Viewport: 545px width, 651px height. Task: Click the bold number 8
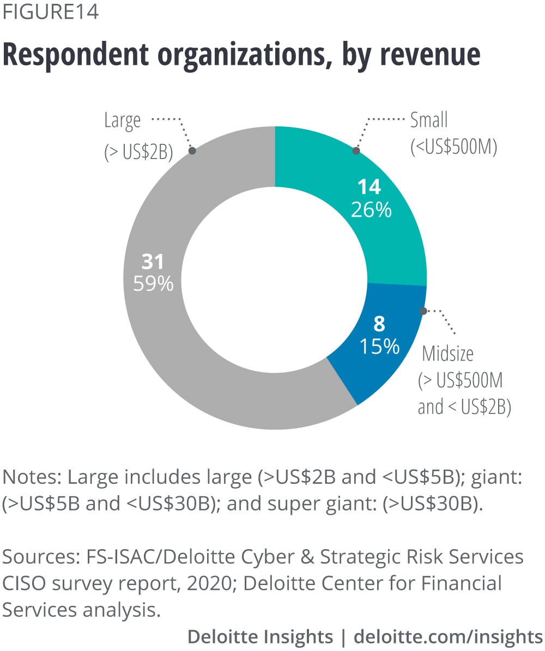click(379, 324)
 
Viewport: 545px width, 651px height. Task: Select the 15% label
click(379, 347)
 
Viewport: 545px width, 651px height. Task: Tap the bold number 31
click(153, 262)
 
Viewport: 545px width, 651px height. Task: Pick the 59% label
click(154, 284)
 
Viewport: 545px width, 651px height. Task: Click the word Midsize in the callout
click(448, 354)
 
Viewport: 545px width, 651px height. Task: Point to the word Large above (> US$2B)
click(122, 120)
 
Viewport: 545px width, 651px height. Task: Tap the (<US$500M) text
click(453, 147)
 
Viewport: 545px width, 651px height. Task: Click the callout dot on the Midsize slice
click(423, 311)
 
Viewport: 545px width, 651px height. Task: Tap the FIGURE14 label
click(51, 12)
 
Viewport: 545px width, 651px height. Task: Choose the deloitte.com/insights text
click(448, 636)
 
